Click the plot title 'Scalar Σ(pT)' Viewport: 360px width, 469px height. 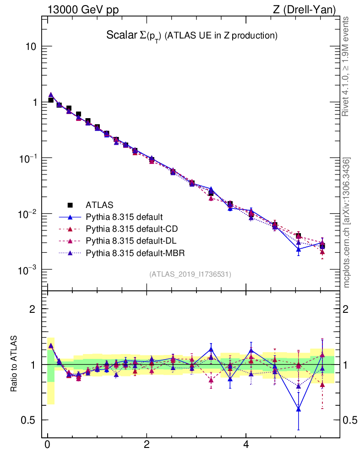click(133, 35)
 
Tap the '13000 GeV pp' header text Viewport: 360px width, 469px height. click(82, 10)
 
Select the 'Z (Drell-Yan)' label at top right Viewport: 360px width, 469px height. click(305, 10)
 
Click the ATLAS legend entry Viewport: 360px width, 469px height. click(99, 204)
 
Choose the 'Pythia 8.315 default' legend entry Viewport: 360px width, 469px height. click(125, 217)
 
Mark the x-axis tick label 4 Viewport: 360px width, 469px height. click(246, 444)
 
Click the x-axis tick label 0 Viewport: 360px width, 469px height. click(47, 444)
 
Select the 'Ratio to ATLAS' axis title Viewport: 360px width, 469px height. click(14, 364)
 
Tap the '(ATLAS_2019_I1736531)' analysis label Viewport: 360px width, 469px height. click(190, 274)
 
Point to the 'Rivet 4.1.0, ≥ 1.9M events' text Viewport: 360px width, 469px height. click(347, 66)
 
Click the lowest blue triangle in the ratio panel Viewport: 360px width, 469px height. click(299, 409)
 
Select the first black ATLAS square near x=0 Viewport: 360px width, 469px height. click(51, 100)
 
